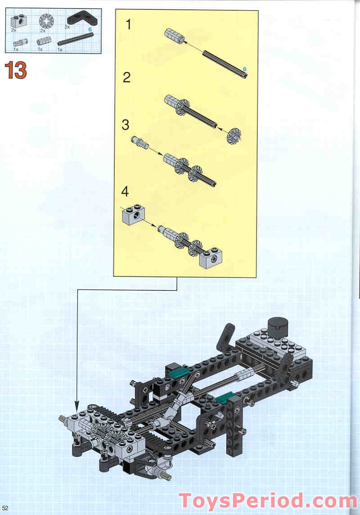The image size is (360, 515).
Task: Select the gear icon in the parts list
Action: pos(46,20)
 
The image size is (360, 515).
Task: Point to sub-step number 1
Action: pos(128,24)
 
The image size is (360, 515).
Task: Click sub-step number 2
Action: pos(126,77)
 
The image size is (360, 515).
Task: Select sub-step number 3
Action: pos(126,124)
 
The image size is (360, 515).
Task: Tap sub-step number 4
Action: pos(125,191)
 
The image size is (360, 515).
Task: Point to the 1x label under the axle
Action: pos(60,49)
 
